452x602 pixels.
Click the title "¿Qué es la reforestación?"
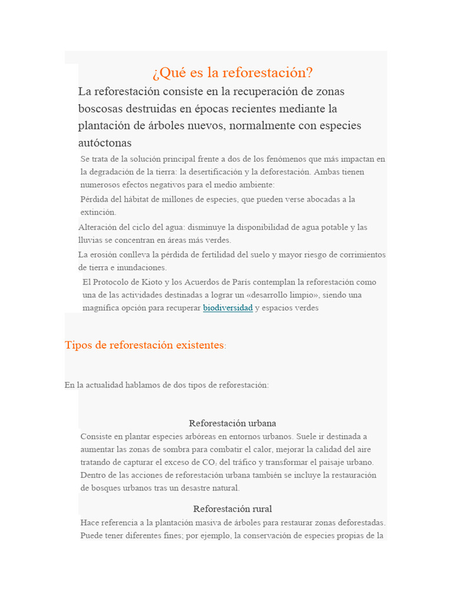(232, 72)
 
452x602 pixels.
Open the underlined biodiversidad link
(228, 307)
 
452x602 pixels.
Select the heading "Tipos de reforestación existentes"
(144, 345)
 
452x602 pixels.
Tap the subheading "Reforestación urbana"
(232, 423)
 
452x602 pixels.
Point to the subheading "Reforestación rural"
(232, 509)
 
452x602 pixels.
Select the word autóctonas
(105, 143)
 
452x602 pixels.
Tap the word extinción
(98, 212)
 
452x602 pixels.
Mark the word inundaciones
(142, 267)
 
